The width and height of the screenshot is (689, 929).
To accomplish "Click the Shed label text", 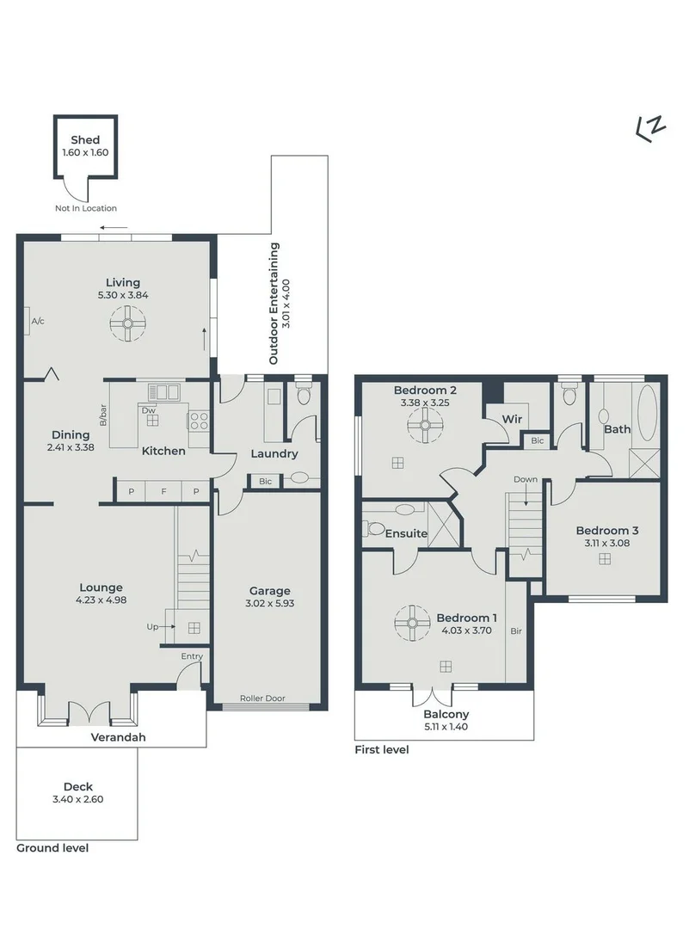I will [85, 140].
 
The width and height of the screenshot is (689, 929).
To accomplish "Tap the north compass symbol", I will [650, 128].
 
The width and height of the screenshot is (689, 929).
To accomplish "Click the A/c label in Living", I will [38, 321].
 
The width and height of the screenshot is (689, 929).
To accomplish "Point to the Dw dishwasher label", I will [149, 410].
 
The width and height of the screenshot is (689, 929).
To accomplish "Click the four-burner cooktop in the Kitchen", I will [199, 421].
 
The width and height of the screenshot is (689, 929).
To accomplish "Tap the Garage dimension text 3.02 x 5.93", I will [270, 604].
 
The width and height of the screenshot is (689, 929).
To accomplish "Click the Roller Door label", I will [262, 698].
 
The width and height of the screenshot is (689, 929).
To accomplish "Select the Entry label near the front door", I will [192, 656].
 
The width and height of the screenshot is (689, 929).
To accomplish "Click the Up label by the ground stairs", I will [152, 627].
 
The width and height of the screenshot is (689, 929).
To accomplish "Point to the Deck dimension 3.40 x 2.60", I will [77, 799].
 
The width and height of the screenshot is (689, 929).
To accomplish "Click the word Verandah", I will [119, 737].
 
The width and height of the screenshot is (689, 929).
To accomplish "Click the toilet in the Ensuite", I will [374, 528].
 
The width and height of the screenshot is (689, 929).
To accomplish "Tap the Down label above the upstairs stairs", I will [525, 479].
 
